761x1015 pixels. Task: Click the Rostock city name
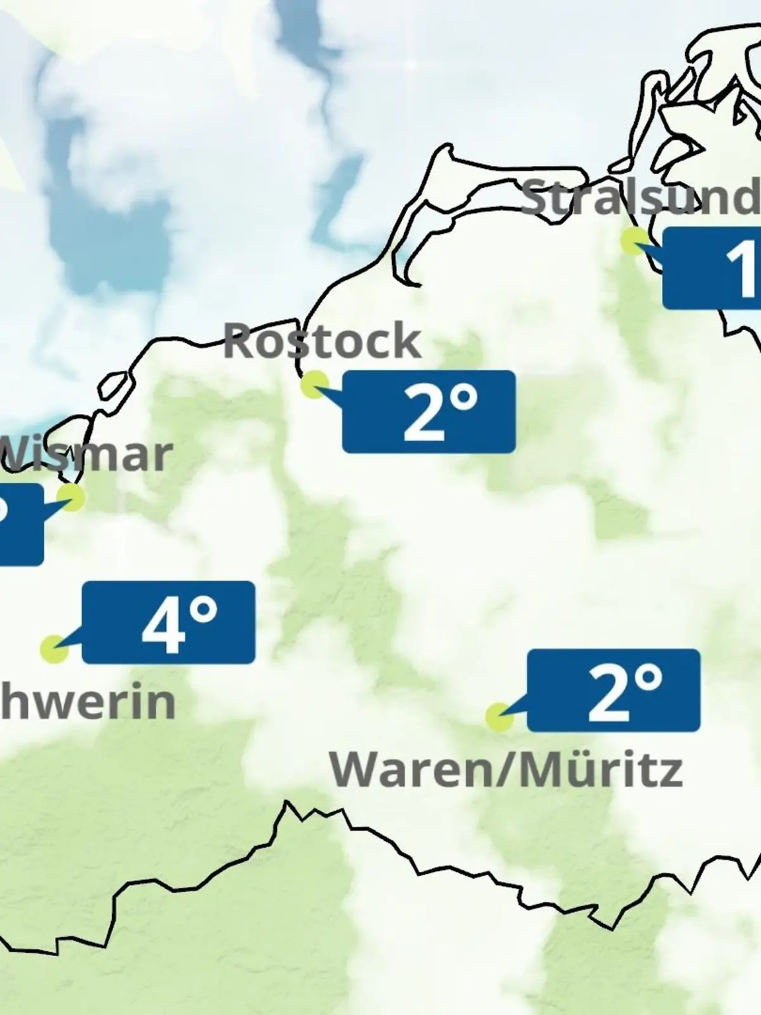(322, 341)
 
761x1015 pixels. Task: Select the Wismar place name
(86, 454)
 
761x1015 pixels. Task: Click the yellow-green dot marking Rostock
(315, 385)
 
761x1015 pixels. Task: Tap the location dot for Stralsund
(634, 241)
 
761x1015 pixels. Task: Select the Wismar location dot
(71, 497)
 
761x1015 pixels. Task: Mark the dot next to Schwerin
(54, 649)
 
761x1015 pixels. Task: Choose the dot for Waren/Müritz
(499, 717)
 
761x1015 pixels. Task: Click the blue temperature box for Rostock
(429, 412)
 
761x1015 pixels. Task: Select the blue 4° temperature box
(169, 622)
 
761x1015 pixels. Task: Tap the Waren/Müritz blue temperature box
(614, 690)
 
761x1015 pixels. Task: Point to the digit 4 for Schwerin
(162, 627)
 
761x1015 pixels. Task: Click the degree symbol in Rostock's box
(465, 400)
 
